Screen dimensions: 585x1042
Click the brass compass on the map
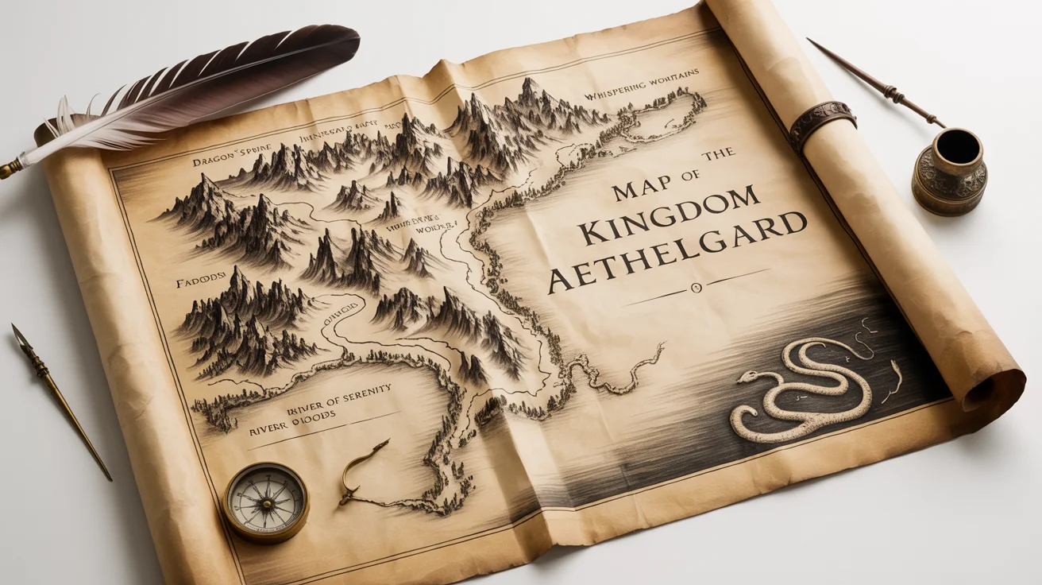click(265, 501)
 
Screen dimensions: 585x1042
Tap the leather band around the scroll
click(823, 123)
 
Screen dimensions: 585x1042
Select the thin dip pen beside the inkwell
click(874, 79)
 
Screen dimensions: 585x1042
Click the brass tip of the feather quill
click(12, 168)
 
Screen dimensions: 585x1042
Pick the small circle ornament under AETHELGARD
click(696, 286)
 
